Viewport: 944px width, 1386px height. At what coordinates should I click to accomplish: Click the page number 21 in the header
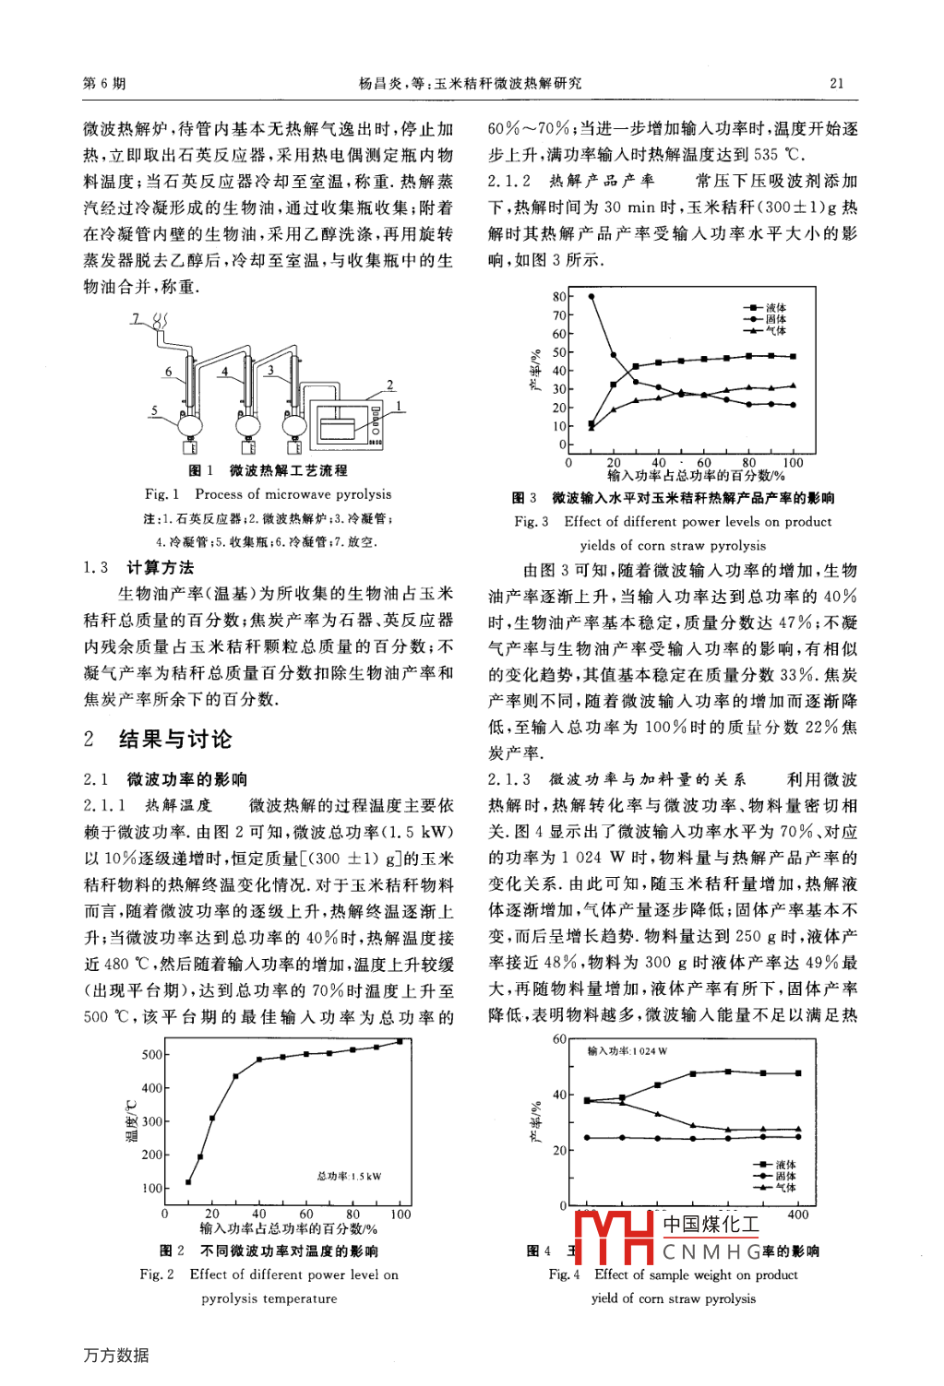pos(836,83)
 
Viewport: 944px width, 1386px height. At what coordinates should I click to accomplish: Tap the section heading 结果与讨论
pos(175,739)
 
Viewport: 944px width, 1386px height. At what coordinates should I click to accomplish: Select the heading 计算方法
pos(161,567)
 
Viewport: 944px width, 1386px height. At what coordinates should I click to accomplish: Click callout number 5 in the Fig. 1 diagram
pos(155,410)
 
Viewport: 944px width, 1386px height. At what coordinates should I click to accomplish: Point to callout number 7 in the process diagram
pos(136,319)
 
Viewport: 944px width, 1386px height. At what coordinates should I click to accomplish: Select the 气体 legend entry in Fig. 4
pos(785,1188)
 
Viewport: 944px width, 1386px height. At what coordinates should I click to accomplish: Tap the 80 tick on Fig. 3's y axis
pos(559,297)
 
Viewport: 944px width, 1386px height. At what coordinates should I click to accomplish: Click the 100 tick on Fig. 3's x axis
pos(793,463)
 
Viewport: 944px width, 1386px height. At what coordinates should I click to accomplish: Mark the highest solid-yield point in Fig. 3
pos(591,297)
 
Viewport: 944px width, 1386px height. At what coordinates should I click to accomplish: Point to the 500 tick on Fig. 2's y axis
pos(152,1055)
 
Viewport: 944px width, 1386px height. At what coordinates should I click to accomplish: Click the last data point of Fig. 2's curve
pos(400,1041)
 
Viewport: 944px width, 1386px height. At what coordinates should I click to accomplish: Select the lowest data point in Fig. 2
pos(188,1182)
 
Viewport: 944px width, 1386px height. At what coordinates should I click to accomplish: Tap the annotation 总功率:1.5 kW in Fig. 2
pos(349,1176)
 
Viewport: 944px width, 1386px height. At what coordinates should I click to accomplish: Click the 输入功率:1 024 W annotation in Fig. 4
pos(627,1050)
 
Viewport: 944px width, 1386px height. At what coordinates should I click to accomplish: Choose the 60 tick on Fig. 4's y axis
pos(559,1039)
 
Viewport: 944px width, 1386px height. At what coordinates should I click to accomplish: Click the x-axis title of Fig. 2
pos(289,1228)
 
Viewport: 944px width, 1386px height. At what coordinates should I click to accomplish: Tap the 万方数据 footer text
pos(115,1355)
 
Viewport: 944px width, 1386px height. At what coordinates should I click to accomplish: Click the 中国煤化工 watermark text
pos(711,1225)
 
